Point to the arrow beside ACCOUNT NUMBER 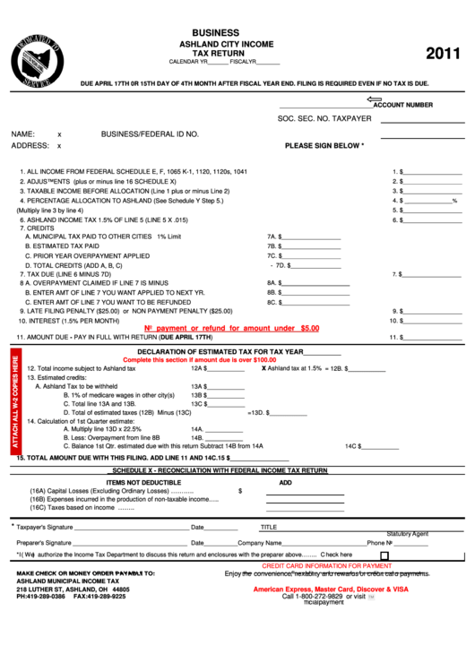pos(375,100)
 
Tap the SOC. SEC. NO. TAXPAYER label pos(324,118)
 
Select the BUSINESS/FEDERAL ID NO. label pos(150,133)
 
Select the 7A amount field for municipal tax pos(311,237)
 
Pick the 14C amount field pos(382,445)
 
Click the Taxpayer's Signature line pos(131,528)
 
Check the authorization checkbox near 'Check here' pos(384,555)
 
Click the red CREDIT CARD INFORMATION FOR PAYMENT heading pos(327,566)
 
